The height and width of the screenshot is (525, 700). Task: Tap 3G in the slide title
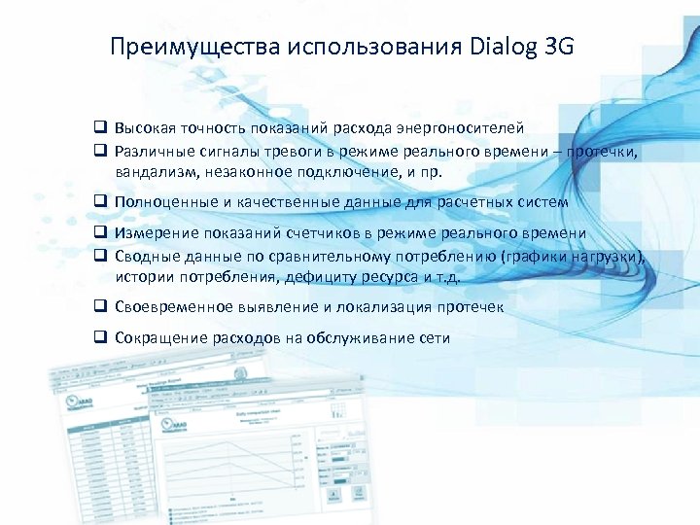pyautogui.click(x=560, y=47)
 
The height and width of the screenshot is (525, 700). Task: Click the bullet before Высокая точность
pyautogui.click(x=100, y=127)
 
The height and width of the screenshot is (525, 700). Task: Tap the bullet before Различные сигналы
pyautogui.click(x=100, y=151)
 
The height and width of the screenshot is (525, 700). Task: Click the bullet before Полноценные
pyautogui.click(x=100, y=202)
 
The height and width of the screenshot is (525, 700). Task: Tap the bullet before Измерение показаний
pyautogui.click(x=100, y=234)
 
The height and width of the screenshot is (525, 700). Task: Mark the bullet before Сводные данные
pyautogui.click(x=100, y=257)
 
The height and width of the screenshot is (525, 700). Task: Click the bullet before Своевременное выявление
pyautogui.click(x=100, y=307)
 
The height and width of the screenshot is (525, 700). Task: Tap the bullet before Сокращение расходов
pyautogui.click(x=100, y=338)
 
